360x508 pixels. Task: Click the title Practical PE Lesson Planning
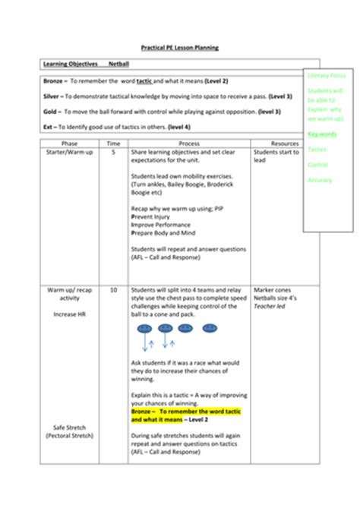(x=181, y=47)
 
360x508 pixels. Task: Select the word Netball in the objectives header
(x=120, y=65)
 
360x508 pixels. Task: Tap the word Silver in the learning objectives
(x=53, y=96)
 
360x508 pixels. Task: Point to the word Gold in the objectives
(x=52, y=112)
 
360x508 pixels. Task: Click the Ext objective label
(x=49, y=127)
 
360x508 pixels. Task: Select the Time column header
(x=113, y=143)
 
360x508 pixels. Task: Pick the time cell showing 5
(x=113, y=152)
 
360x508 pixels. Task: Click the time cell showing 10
(x=113, y=290)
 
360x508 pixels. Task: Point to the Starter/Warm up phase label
(x=69, y=152)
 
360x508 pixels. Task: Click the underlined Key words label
(x=323, y=134)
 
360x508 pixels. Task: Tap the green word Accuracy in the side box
(x=321, y=180)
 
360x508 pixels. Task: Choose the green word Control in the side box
(x=318, y=164)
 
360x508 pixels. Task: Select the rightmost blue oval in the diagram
(x=204, y=330)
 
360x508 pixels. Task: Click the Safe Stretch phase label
(x=69, y=428)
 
